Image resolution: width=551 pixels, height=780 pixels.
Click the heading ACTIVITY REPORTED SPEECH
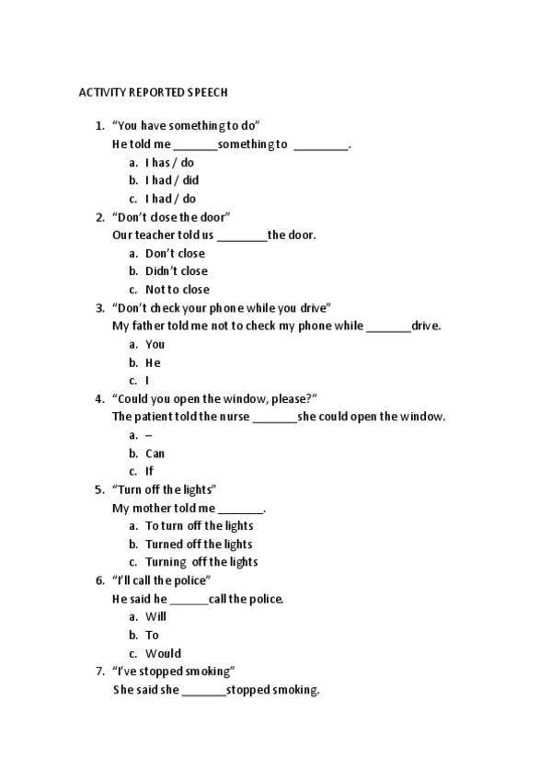pos(152,93)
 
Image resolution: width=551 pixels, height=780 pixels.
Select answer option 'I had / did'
pos(171,180)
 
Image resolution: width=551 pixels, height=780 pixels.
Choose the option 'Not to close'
pos(177,290)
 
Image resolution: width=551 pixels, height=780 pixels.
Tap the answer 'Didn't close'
pos(176,271)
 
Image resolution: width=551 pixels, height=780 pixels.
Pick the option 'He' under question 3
pos(153,362)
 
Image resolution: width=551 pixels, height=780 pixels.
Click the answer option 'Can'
pos(155,453)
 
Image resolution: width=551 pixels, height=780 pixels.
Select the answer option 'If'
pos(149,471)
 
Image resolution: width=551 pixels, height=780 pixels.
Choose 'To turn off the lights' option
pos(199,526)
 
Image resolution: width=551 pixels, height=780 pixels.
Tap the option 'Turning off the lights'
pos(201,562)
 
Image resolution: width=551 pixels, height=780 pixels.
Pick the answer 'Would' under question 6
pos(163,654)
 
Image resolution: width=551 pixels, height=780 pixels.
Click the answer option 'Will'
pos(155,617)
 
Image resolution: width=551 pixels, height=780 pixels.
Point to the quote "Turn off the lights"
pos(164,489)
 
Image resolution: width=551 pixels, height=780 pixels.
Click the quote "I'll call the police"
pos(161,580)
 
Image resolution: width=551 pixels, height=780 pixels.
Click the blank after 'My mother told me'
pos(241,509)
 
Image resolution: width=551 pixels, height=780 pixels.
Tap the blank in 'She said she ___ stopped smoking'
pos(203,691)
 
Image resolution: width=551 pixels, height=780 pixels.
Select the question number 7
pos(99,671)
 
